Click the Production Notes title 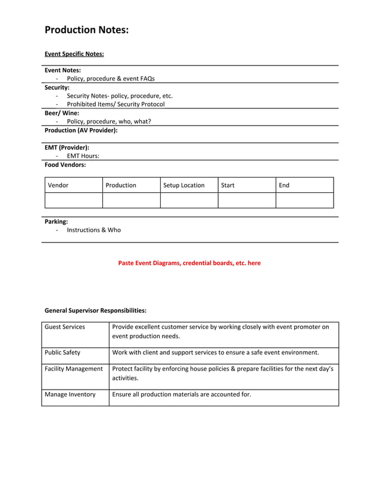86,30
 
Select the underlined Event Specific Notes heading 74,54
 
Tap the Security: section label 57,87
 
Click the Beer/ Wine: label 62,113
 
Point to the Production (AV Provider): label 81,130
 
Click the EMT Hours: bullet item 83,156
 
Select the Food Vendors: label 66,164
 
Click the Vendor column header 58,185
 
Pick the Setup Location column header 184,185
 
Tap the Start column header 228,185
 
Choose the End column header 284,185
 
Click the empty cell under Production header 131,200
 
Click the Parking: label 56,221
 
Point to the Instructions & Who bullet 94,230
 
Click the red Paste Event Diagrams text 189,263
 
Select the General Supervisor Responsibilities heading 95,310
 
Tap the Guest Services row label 65,326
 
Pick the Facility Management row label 74,369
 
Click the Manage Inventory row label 70,394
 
